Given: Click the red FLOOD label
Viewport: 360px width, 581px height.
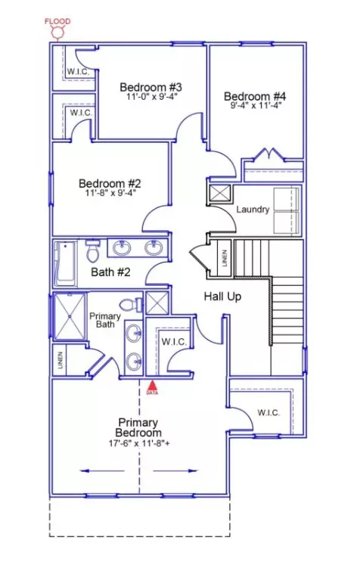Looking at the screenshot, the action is tap(57, 21).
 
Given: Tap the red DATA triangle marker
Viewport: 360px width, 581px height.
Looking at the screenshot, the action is tap(152, 385).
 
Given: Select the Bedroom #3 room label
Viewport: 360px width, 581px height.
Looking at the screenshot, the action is tap(151, 87).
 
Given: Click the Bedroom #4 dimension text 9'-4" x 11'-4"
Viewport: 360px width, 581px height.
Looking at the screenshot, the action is tap(256, 105).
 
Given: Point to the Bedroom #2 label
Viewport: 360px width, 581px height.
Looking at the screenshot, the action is tap(110, 183).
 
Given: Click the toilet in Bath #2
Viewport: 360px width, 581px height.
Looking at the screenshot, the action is tap(92, 251).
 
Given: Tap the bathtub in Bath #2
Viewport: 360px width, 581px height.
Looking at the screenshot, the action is tap(66, 263).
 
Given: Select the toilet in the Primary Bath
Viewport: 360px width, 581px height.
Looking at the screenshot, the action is tap(130, 305).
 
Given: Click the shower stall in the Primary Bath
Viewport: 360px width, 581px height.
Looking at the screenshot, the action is tap(70, 316).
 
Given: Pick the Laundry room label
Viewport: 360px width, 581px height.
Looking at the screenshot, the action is tap(253, 210).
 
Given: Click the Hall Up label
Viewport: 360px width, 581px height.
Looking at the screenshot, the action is tap(222, 297).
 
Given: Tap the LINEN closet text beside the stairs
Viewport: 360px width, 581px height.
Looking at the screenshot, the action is tap(225, 257).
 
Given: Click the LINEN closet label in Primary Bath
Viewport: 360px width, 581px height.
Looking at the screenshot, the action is tap(61, 360).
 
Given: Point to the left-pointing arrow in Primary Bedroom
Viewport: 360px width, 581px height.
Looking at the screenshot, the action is tap(102, 471).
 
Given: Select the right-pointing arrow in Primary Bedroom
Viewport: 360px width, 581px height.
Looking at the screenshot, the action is tap(175, 471).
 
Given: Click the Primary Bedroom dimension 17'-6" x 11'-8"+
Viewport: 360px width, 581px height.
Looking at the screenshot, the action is tap(139, 443).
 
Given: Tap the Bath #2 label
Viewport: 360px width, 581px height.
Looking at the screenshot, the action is tap(110, 272).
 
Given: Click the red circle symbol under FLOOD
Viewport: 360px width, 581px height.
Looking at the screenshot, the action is tap(57, 33).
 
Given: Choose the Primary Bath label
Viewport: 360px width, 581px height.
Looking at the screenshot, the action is tap(105, 320).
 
